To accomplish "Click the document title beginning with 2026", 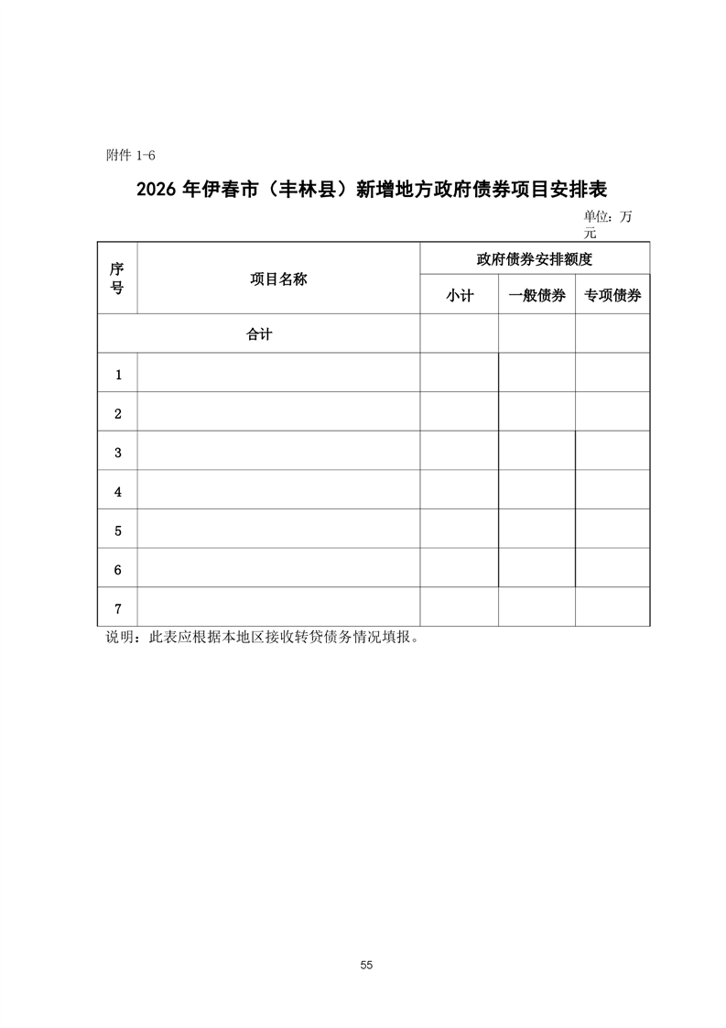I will (372, 190).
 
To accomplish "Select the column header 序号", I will (117, 278).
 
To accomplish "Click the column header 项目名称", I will (278, 279).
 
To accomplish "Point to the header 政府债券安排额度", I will (535, 259).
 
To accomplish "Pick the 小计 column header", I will (460, 296).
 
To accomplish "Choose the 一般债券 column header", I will (536, 296).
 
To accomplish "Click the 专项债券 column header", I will (612, 296).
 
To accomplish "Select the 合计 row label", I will (259, 334).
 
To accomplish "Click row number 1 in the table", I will (118, 375).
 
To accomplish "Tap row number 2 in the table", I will (118, 414).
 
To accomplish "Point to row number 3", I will (118, 453).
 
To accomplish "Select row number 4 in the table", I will (118, 492).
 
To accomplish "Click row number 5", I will (118, 530).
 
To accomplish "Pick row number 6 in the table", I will (118, 570).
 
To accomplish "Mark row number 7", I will (118, 608).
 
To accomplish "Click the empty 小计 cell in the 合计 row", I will (460, 334).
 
